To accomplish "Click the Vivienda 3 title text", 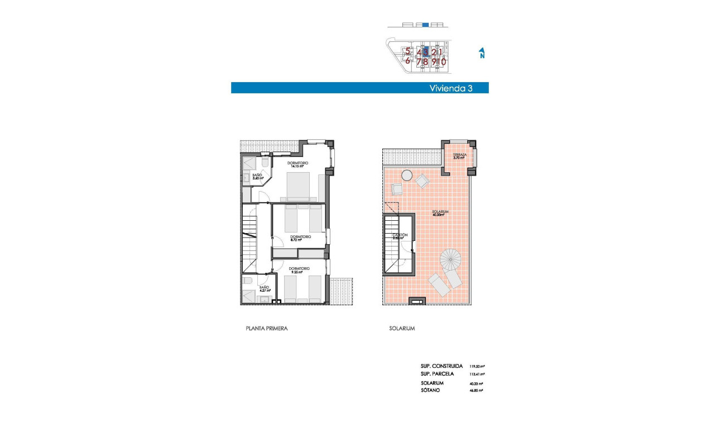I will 450,88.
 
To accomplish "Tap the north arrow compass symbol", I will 481,53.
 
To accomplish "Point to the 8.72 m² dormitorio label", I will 300,238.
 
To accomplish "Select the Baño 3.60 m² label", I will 257,177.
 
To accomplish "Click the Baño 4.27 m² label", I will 264,289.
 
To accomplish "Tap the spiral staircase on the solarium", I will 451,260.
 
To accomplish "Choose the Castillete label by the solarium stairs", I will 400,236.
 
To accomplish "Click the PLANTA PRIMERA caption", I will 266,329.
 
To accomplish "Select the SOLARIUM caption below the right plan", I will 402,329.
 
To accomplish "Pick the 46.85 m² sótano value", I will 477,390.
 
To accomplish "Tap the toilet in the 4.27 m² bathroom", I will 248,281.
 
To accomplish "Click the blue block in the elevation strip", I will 425,25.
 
